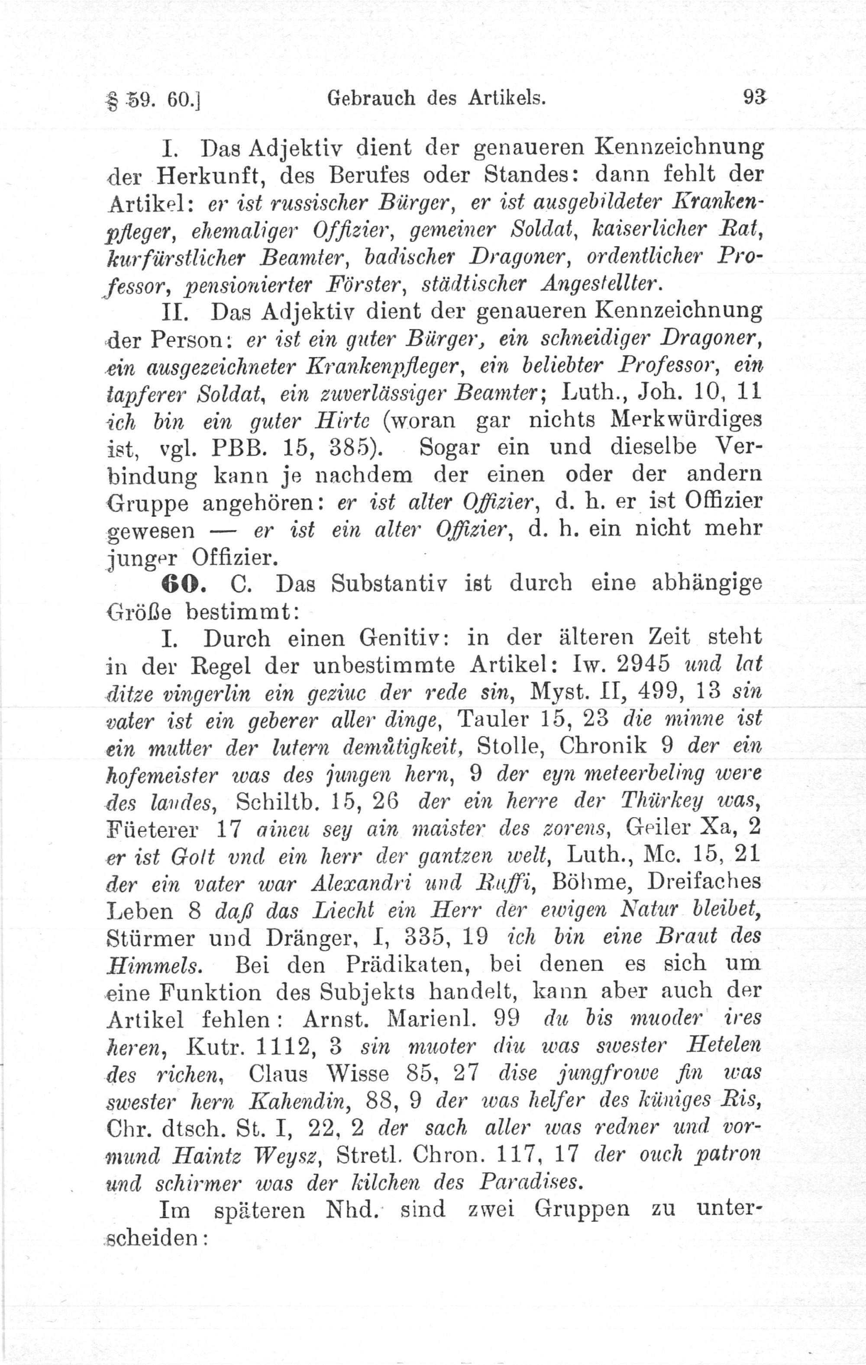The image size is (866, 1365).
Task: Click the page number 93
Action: pos(753,99)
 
